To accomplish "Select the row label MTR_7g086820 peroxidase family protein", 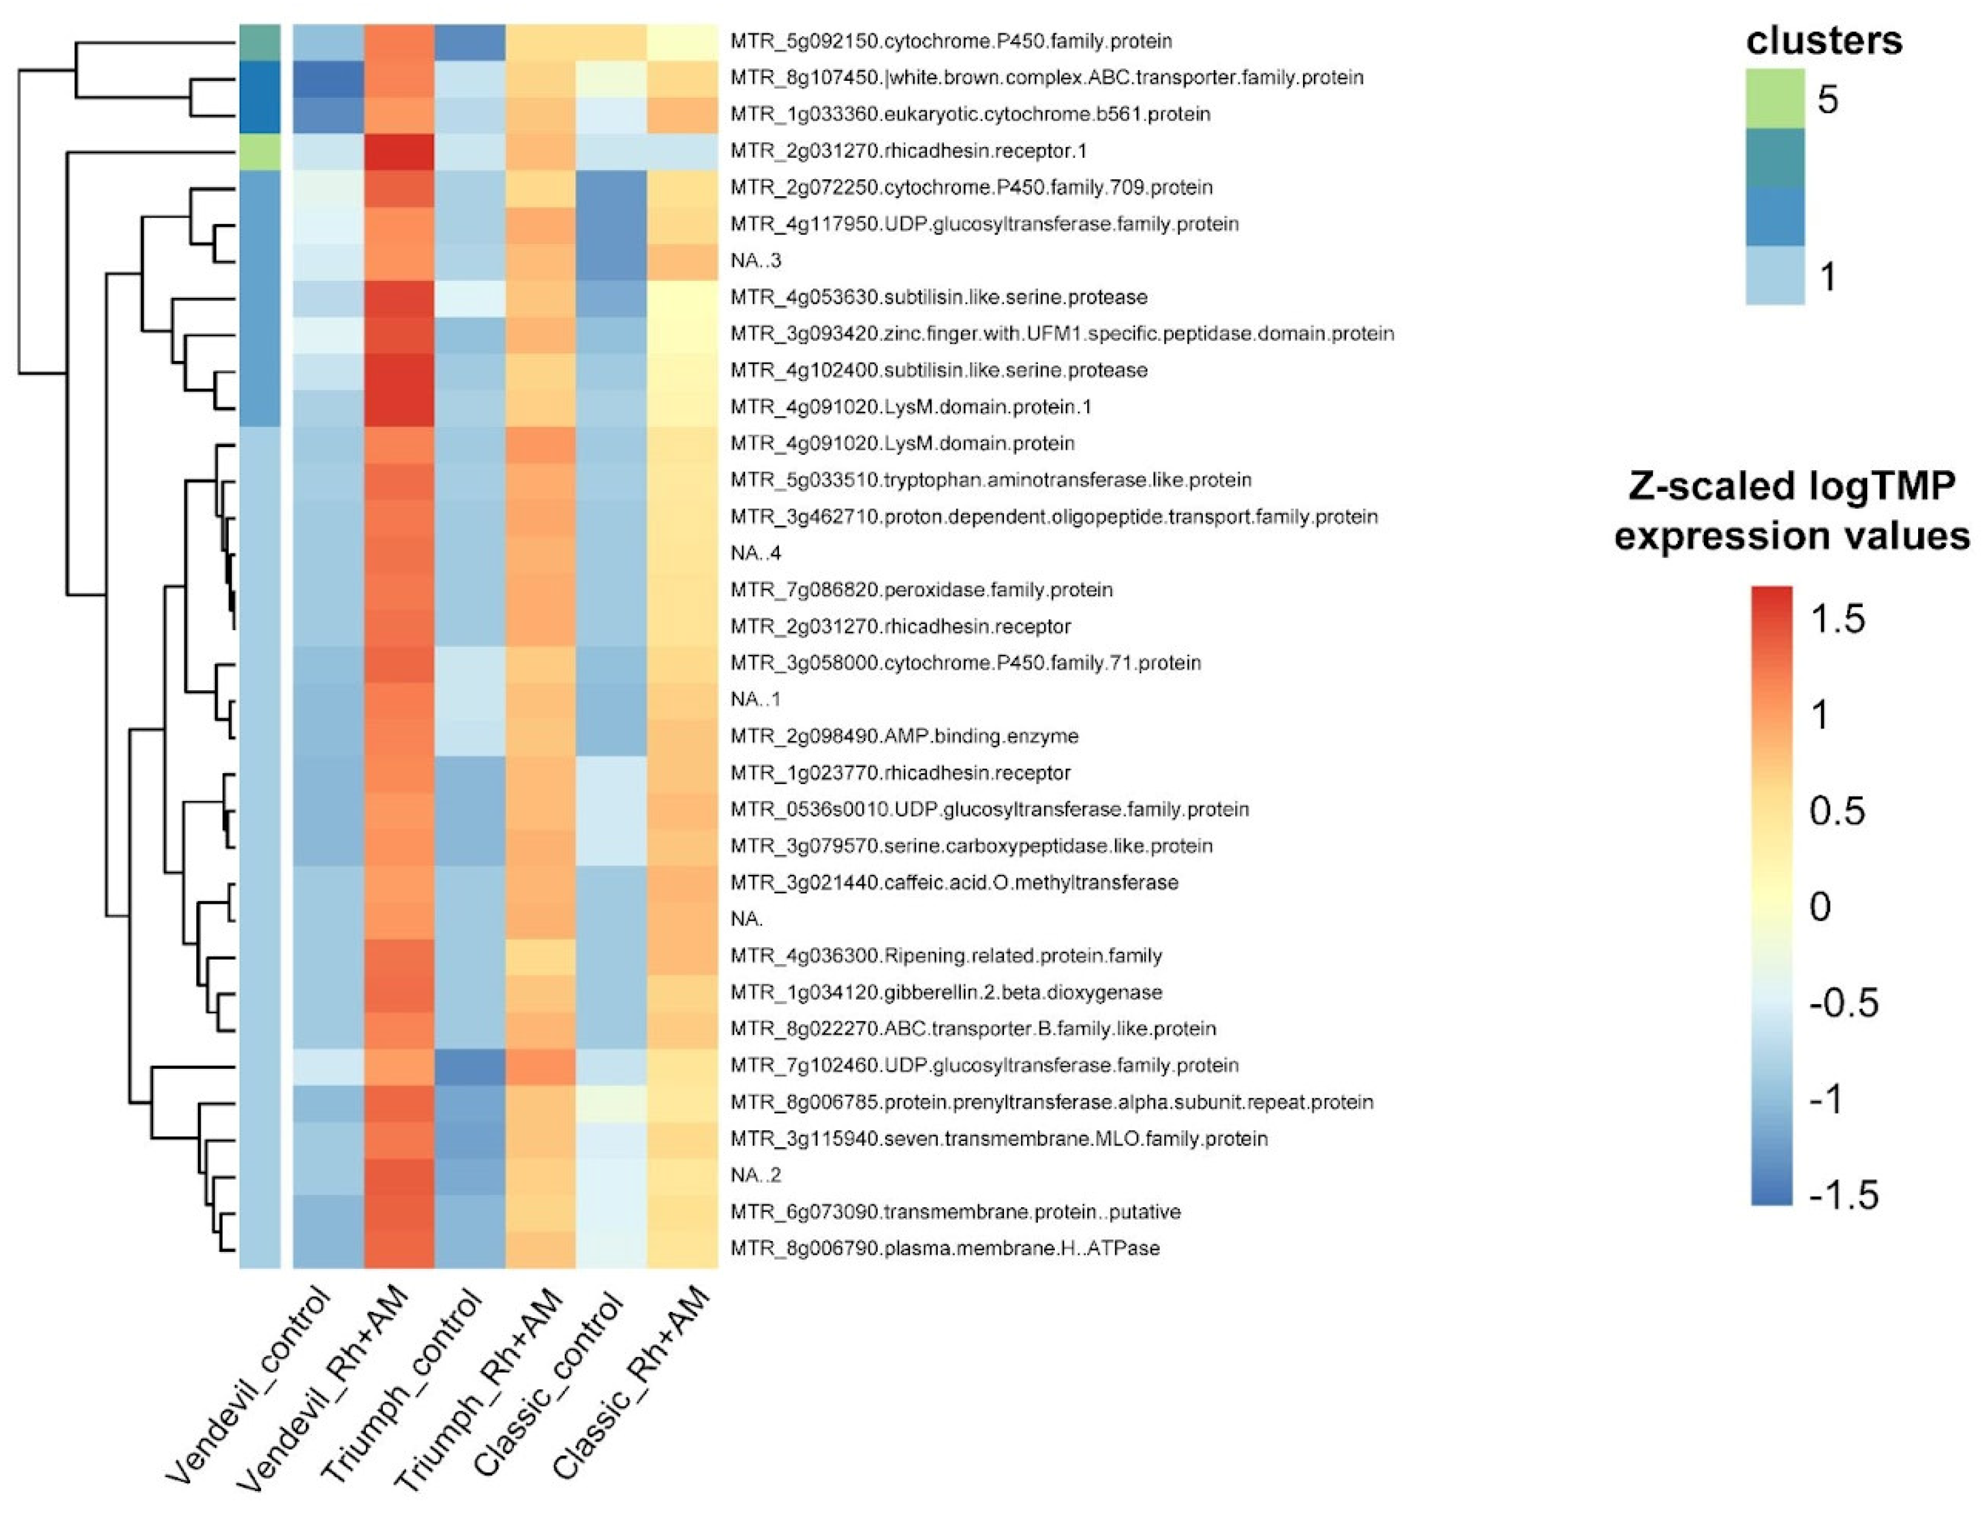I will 921,590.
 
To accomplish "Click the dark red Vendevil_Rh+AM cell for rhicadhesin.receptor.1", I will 399,150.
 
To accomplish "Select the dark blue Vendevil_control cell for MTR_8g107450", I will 329,77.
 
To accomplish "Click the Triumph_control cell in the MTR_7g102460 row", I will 469,1065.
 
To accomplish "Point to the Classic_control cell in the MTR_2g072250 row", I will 611,187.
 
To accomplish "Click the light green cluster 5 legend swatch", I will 1774,98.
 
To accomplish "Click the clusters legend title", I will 1824,41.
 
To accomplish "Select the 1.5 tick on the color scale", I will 1838,619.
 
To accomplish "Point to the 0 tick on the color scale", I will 1820,906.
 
